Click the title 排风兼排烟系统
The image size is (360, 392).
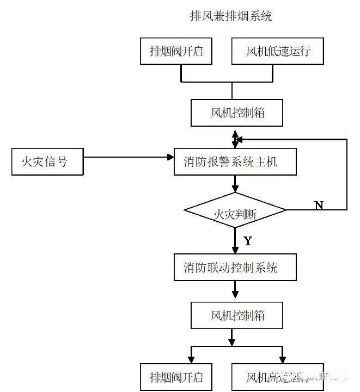(x=229, y=16)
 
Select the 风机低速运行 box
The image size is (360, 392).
(x=278, y=52)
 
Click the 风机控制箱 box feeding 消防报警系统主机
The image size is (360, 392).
(x=230, y=113)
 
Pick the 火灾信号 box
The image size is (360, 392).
(x=47, y=161)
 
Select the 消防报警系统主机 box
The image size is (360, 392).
(x=235, y=161)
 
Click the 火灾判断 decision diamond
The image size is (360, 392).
(x=235, y=210)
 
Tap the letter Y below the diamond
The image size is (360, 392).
(x=248, y=240)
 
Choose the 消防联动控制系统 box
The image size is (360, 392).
(x=235, y=267)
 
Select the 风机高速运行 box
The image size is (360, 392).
(x=278, y=377)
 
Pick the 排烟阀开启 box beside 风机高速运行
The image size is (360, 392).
(x=176, y=377)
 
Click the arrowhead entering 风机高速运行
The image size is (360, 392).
(x=282, y=359)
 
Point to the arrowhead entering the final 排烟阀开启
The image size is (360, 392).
(x=191, y=359)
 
